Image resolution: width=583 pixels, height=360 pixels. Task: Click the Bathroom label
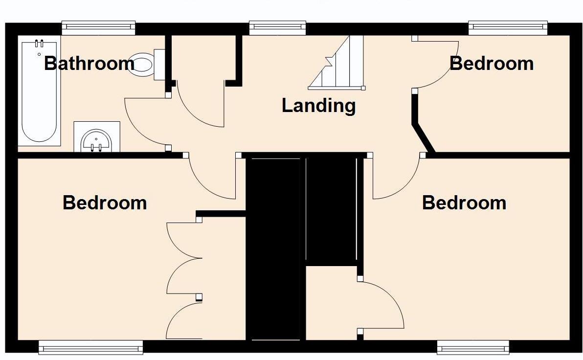coord(89,64)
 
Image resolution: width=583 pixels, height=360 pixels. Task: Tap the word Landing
coord(318,106)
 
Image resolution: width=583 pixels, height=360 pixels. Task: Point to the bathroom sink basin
coord(97,140)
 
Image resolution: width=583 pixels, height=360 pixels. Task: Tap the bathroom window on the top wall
coord(98,27)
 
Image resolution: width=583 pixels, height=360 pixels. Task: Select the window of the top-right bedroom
coord(508,27)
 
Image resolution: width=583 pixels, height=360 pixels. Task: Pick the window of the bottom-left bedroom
coord(91,348)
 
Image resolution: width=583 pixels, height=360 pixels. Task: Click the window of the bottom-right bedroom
coord(473,348)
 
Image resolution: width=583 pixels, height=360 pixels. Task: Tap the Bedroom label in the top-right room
coord(491,64)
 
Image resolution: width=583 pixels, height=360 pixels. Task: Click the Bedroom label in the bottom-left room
coord(105,202)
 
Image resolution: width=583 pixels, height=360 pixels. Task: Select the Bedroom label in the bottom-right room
coord(464,202)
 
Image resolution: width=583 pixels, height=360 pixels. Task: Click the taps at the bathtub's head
coord(39,43)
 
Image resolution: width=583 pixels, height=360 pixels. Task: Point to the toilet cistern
coord(159,64)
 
